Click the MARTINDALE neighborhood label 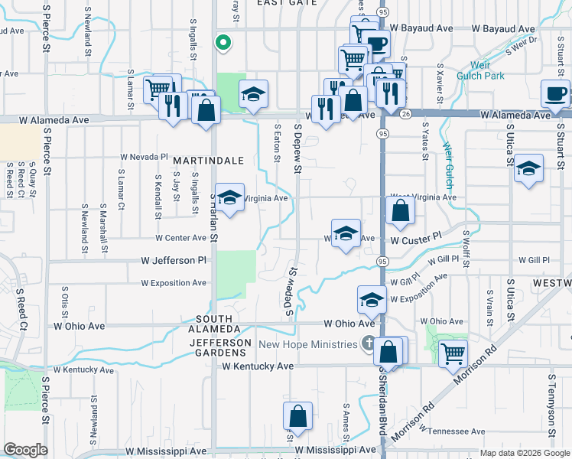click(x=208, y=161)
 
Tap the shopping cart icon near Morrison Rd click(x=453, y=353)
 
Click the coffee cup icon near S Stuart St click(x=555, y=93)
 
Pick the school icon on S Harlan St click(x=228, y=197)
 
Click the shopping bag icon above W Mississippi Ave click(x=297, y=416)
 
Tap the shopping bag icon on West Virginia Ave click(x=400, y=210)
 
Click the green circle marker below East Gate click(x=223, y=43)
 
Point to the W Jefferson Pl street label click(x=174, y=261)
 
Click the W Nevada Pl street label click(x=143, y=157)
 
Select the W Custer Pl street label click(x=416, y=239)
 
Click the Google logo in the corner click(x=26, y=450)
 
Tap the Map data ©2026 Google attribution click(x=524, y=453)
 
